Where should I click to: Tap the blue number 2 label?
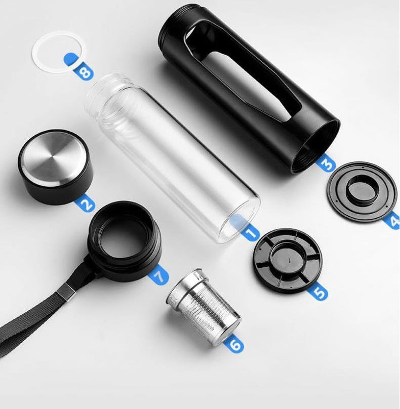click(x=85, y=203)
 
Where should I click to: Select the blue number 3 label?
click(x=326, y=163)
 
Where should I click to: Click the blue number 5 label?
click(x=319, y=292)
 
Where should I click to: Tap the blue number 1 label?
click(x=251, y=233)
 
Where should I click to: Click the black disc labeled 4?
click(x=362, y=191)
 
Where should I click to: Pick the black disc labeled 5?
click(x=287, y=259)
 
